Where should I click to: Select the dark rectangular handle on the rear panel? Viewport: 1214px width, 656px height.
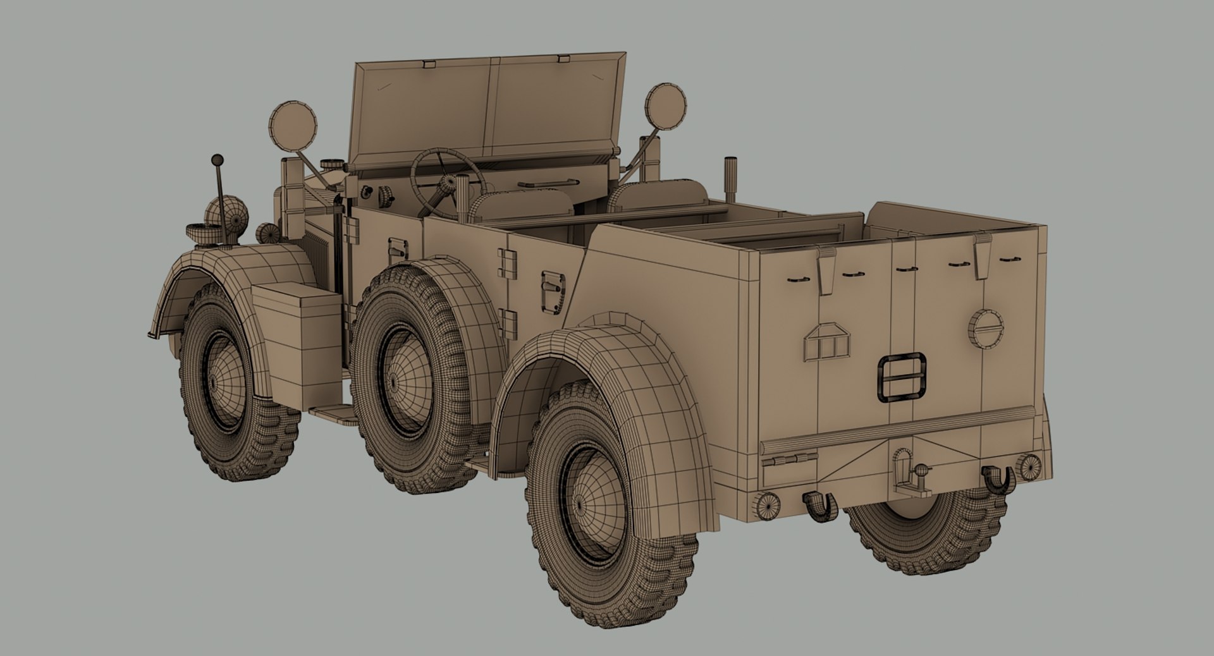pos(902,377)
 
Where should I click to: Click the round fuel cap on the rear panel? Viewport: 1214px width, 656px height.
pos(986,327)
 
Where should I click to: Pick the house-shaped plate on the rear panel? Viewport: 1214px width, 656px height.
pos(827,343)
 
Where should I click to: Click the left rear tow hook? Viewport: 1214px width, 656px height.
pos(820,506)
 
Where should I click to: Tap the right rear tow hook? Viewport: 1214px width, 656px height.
pos(999,480)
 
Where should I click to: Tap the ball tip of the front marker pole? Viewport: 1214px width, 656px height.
pos(218,159)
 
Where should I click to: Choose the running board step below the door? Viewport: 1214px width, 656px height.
pos(335,413)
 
